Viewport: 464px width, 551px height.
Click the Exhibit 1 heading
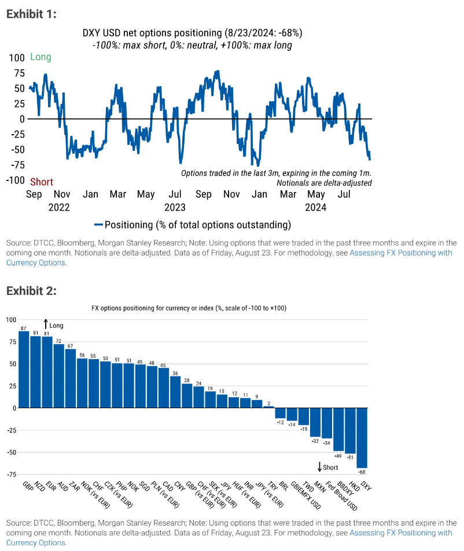[x=31, y=14]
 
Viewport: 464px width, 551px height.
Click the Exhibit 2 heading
[x=31, y=290]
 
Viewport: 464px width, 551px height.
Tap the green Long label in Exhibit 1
[x=40, y=57]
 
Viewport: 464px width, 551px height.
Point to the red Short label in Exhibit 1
[x=42, y=182]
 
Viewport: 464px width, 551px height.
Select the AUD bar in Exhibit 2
[x=58, y=376]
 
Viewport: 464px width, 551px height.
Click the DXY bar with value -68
[x=362, y=438]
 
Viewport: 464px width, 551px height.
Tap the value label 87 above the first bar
[x=23, y=328]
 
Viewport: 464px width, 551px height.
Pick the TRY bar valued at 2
[x=268, y=407]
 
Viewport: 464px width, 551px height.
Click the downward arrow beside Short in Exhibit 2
[x=319, y=467]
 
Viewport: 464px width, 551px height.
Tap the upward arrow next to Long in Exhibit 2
[x=46, y=325]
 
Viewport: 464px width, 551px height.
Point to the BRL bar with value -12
[x=281, y=413]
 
